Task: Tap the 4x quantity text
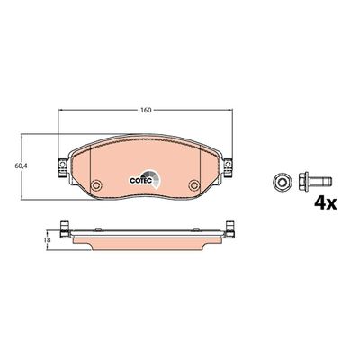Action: tap(323, 202)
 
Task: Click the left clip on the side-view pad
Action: tap(64, 229)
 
